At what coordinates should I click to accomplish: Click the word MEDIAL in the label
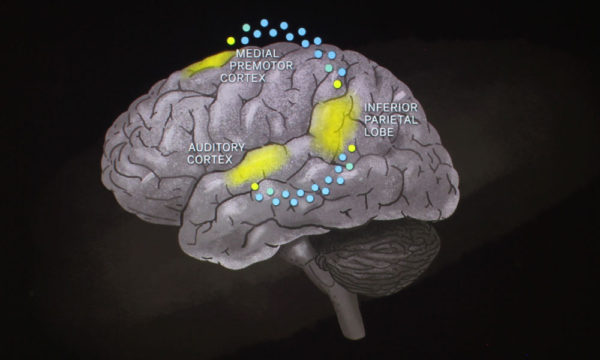(262, 53)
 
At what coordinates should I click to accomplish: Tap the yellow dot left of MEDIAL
(231, 40)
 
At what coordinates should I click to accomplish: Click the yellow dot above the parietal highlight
(337, 85)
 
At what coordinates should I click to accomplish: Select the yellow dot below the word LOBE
(352, 148)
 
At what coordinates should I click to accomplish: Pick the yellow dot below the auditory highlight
(255, 187)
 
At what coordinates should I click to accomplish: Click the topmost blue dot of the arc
(264, 22)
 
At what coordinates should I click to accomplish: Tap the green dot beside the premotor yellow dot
(245, 28)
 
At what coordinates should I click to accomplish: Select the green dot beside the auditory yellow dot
(270, 191)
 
